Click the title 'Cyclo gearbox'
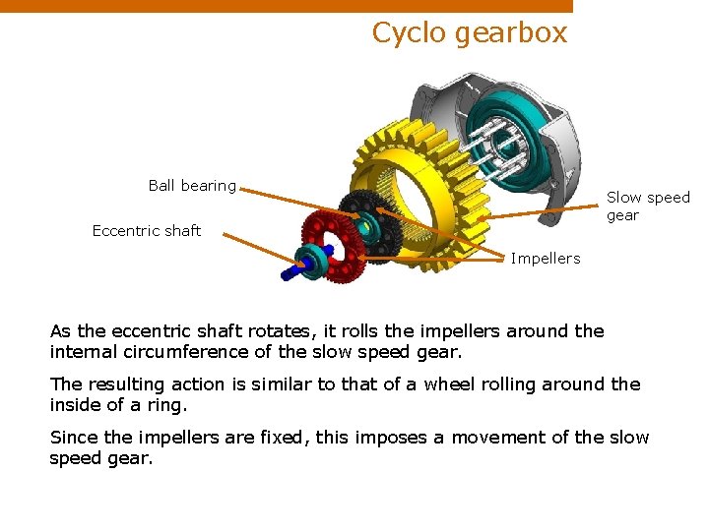click(x=470, y=32)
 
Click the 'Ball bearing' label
click(x=192, y=185)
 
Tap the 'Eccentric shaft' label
click(x=146, y=230)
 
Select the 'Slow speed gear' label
click(x=648, y=206)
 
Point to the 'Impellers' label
click(x=546, y=258)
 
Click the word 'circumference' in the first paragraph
click(x=185, y=351)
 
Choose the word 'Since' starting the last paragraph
click(x=72, y=438)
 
